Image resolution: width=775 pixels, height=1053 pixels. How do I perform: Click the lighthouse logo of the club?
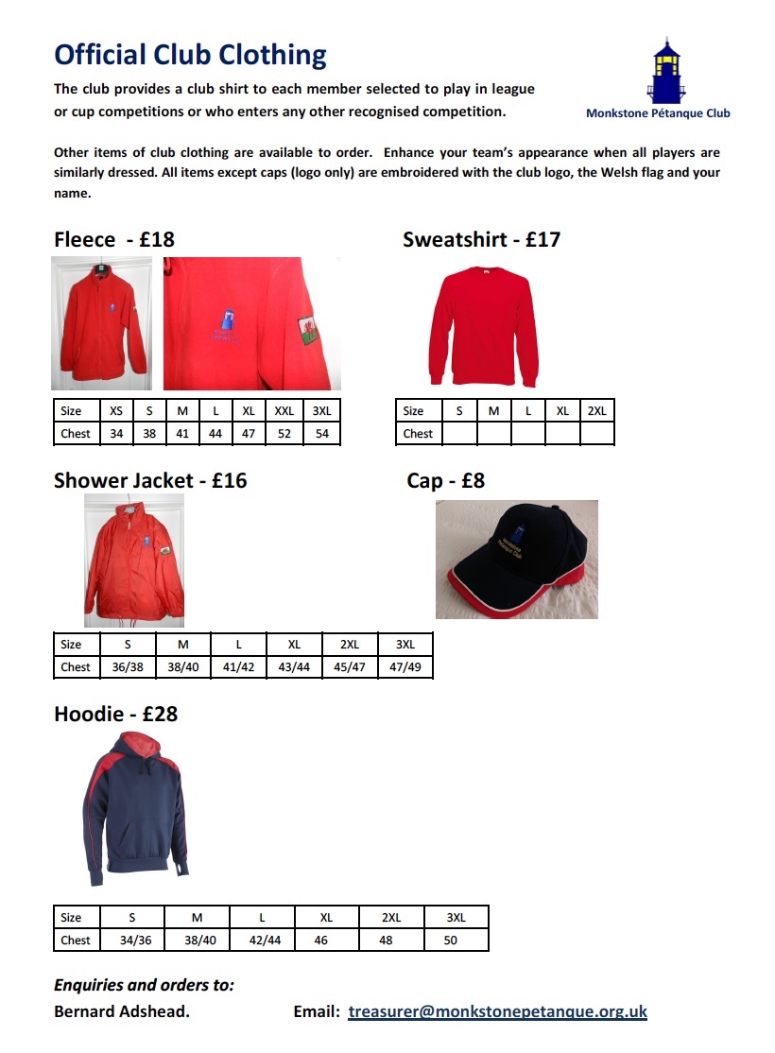click(x=664, y=71)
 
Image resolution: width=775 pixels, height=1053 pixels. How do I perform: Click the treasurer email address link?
click(x=497, y=1011)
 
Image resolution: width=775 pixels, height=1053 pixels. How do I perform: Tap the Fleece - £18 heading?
click(x=114, y=239)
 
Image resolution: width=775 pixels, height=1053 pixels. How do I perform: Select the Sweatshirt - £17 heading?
click(x=481, y=239)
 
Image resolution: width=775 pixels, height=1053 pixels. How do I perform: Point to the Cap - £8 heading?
click(x=445, y=481)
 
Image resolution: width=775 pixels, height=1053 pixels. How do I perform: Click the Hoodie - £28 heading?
click(x=115, y=714)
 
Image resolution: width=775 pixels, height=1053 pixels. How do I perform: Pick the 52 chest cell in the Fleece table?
click(x=284, y=434)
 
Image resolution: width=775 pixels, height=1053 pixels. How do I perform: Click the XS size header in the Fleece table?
click(x=116, y=411)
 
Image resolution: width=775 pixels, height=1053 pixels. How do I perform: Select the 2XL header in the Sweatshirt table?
click(x=596, y=411)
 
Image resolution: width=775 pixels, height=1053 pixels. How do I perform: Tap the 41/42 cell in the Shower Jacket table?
click(x=239, y=666)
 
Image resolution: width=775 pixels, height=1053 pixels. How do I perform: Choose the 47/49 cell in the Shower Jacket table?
click(x=405, y=666)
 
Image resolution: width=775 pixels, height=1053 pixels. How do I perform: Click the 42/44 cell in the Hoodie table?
click(x=262, y=941)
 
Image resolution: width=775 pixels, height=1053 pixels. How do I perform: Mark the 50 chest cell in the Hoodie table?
click(x=451, y=941)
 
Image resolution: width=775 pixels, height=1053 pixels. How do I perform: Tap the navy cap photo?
click(x=517, y=560)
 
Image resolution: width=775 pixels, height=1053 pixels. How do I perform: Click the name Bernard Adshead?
click(x=122, y=1011)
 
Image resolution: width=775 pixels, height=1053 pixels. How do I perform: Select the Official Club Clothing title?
click(x=190, y=55)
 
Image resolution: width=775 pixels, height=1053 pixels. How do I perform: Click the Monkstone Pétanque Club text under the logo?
click(x=658, y=113)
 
